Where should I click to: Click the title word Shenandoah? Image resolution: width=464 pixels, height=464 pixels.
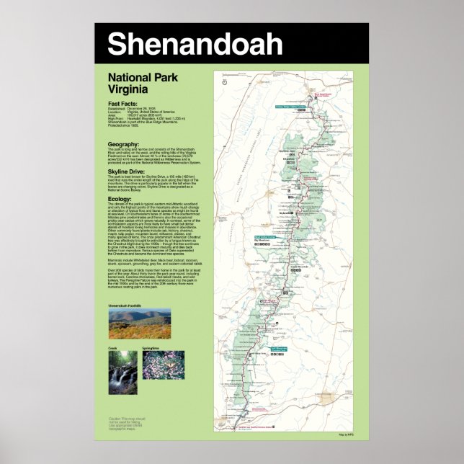pyautogui.click(x=195, y=45)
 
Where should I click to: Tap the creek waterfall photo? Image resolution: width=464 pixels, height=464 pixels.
pyautogui.click(x=122, y=375)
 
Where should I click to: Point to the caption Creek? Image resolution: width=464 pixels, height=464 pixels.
pyautogui.click(x=112, y=349)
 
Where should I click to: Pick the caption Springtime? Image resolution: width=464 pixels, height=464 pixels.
pyautogui.click(x=151, y=349)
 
